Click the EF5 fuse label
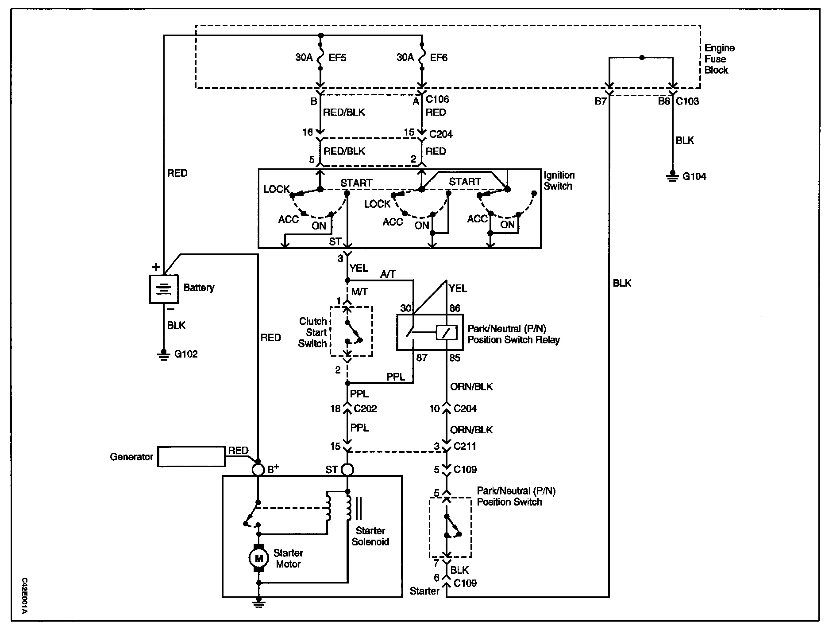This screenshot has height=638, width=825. (337, 58)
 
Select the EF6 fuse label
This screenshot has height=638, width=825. (439, 58)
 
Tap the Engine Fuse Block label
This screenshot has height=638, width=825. (719, 59)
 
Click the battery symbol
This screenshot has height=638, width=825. (164, 289)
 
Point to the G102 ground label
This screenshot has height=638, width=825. (186, 354)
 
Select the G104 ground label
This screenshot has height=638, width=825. (694, 176)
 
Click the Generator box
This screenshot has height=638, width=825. (192, 456)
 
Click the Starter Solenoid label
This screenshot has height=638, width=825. (370, 536)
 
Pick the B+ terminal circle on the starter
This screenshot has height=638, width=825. (258, 470)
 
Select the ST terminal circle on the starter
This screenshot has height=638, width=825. (347, 470)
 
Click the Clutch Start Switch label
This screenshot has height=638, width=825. (312, 332)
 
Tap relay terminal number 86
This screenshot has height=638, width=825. (455, 308)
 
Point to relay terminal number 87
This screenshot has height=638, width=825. (422, 358)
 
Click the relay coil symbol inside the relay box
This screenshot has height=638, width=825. (446, 332)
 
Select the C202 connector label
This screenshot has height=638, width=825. (365, 408)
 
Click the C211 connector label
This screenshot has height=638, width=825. (465, 446)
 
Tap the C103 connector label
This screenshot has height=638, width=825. (687, 101)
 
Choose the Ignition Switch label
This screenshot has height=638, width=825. (559, 181)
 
